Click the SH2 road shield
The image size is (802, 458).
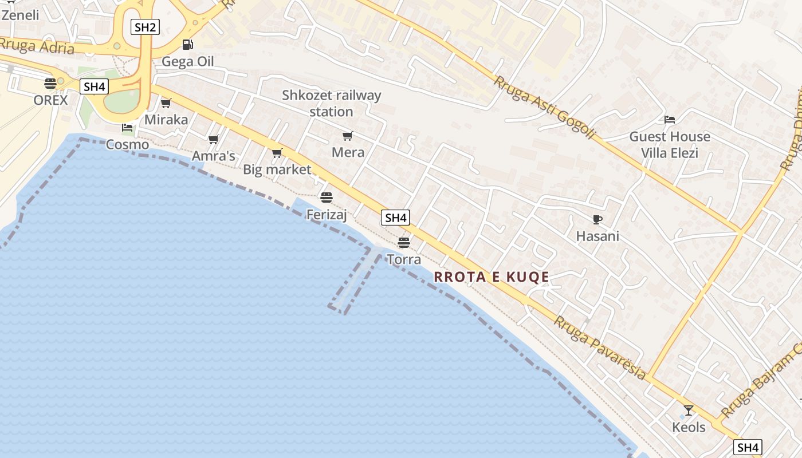145,27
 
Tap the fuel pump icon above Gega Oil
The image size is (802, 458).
187,44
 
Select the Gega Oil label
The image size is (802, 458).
187,61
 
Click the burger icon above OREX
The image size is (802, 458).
50,84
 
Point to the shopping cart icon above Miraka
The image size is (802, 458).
166,103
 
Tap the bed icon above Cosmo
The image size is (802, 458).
127,128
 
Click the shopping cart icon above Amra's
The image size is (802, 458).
214,139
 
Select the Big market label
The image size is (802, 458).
277,169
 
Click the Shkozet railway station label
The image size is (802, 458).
331,103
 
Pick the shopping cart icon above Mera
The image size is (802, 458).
348,136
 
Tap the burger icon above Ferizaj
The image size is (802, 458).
327,198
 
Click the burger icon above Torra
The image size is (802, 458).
404,242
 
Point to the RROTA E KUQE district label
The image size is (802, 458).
492,277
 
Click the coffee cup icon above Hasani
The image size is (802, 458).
597,219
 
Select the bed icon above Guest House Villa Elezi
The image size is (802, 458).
670,120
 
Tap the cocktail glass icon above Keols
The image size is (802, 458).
689,410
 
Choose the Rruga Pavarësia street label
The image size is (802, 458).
600,348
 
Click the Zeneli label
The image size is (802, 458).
21,15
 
